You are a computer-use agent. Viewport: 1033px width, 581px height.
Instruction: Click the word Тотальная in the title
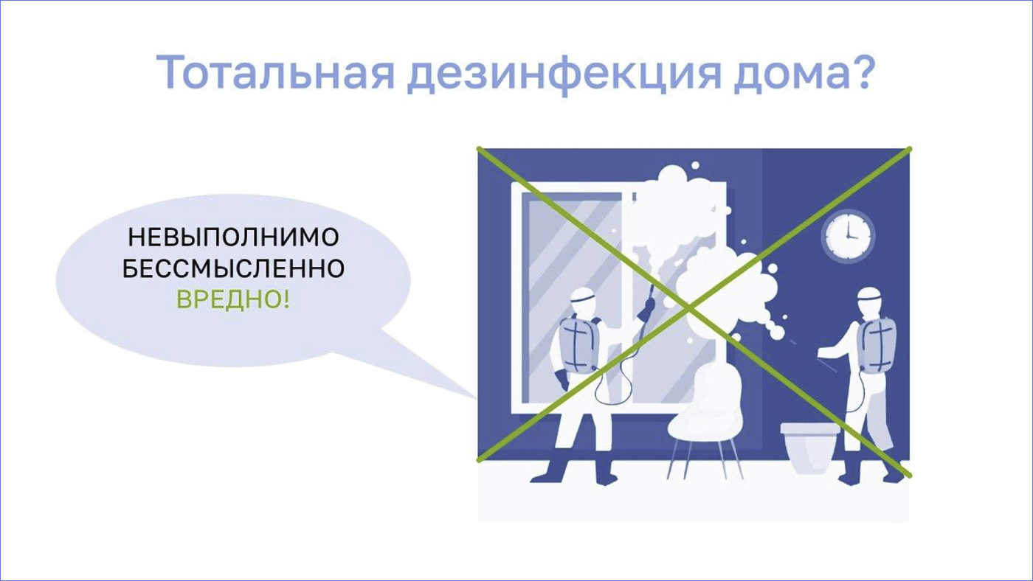276,73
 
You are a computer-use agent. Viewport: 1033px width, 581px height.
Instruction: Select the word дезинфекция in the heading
564,74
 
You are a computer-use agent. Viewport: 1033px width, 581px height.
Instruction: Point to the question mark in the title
862,72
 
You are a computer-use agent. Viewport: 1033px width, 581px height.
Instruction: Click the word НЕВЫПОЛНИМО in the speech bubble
233,237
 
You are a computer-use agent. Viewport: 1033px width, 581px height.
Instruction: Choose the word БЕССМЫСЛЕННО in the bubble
233,268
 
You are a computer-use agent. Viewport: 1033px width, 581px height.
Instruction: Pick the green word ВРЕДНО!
233,299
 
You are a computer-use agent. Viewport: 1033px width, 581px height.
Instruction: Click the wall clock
848,236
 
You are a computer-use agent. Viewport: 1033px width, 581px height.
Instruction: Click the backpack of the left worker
578,344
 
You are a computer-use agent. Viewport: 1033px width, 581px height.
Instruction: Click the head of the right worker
870,302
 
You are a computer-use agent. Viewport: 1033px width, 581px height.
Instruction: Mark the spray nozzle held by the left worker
648,304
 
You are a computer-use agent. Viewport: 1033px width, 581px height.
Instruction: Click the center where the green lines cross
688,307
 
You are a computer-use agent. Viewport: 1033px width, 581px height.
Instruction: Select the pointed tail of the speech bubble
476,398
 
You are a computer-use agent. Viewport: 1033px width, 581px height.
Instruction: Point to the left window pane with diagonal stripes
572,297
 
